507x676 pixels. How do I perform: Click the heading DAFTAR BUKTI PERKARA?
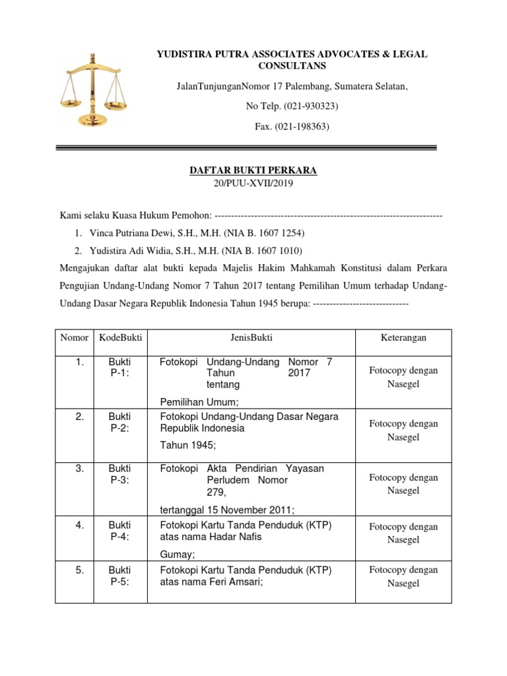click(x=253, y=170)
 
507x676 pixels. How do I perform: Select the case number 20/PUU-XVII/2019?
click(x=253, y=184)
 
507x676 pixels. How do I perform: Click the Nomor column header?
click(x=74, y=337)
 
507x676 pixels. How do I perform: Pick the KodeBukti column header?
click(x=120, y=337)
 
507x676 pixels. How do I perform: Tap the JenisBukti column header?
click(x=252, y=337)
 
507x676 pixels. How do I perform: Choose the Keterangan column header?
click(x=403, y=337)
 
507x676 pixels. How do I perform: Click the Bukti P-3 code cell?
click(x=120, y=474)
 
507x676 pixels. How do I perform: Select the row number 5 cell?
click(x=79, y=570)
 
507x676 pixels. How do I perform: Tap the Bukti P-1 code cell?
click(x=120, y=367)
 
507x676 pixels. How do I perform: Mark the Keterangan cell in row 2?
click(x=403, y=430)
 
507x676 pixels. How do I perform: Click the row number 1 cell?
click(x=79, y=362)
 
